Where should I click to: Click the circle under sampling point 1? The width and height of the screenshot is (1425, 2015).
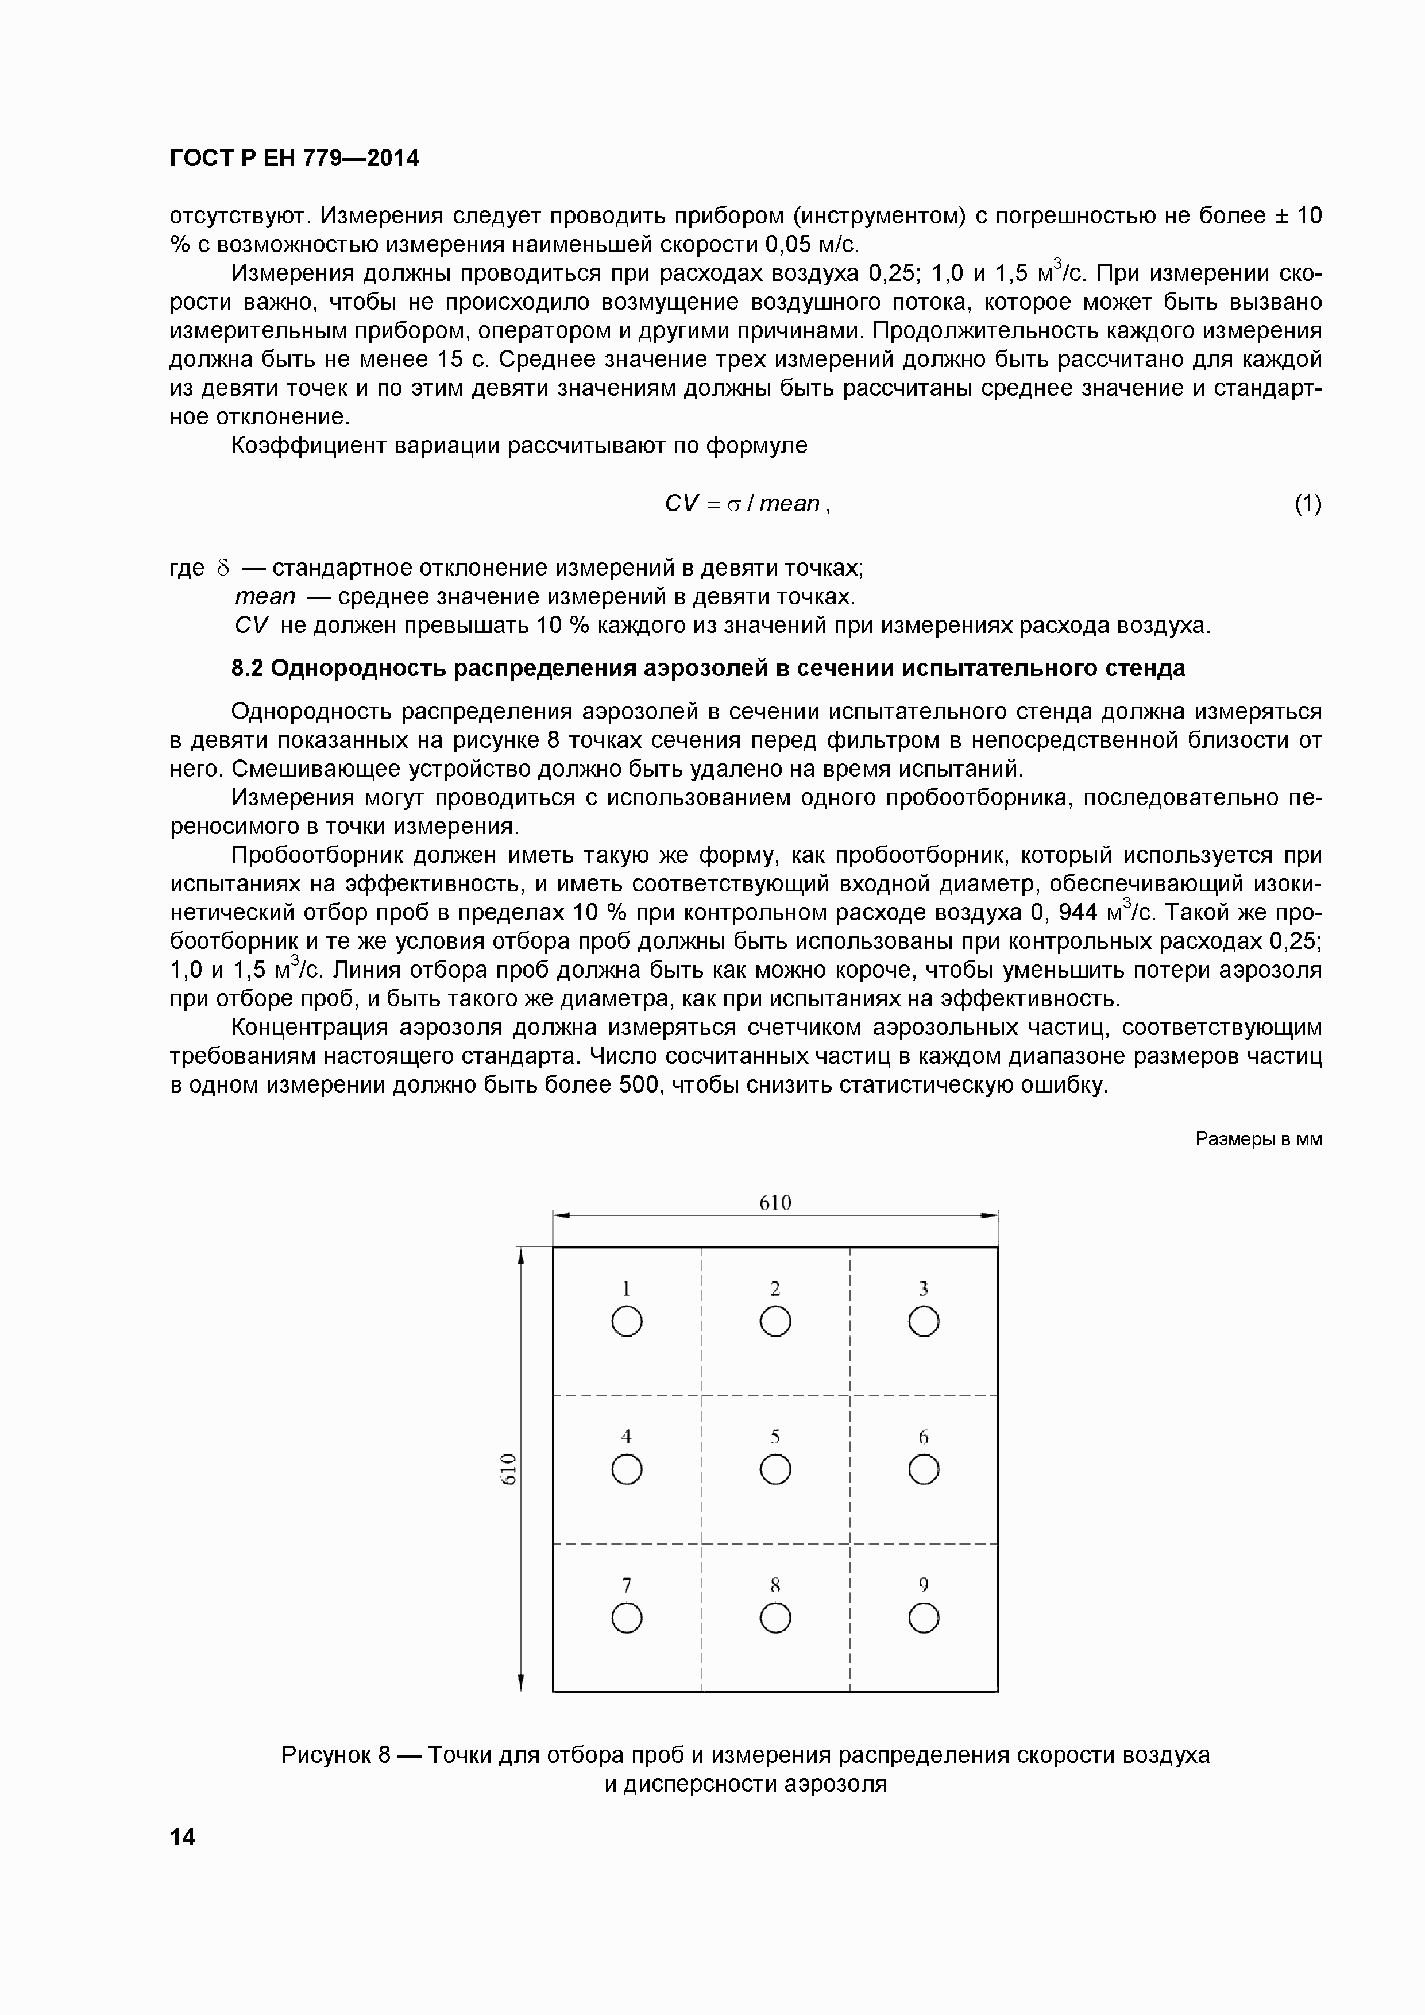tap(627, 1322)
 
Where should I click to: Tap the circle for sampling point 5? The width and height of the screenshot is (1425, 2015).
tap(775, 1469)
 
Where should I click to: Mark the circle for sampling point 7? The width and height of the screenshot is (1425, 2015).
tap(627, 1618)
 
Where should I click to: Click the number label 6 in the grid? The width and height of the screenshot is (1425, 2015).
tap(923, 1437)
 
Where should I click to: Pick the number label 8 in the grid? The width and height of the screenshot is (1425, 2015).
tap(775, 1585)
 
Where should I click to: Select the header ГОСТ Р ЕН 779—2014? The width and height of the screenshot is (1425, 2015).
tap(294, 158)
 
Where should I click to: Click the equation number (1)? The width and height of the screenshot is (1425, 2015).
tap(1307, 504)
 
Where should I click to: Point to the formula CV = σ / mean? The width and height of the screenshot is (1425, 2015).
tap(747, 504)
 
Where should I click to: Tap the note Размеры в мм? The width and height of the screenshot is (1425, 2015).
tap(1258, 1139)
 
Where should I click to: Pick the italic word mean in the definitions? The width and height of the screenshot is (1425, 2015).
tap(265, 597)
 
